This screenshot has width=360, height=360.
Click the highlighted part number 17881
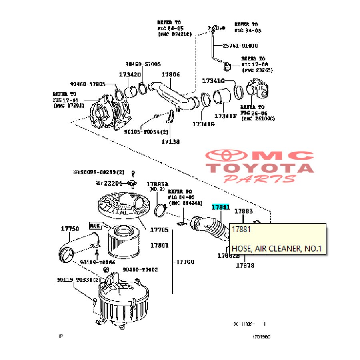(221, 207)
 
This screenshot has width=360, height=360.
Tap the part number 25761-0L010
(235, 46)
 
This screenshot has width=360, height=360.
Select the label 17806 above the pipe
(171, 75)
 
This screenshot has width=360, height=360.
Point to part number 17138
(170, 141)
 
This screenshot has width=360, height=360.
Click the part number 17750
(70, 229)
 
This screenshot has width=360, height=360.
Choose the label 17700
(185, 262)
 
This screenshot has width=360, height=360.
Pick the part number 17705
(159, 230)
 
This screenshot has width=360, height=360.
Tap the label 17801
(159, 245)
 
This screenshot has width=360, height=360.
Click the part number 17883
(244, 211)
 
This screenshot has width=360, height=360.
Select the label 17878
(245, 265)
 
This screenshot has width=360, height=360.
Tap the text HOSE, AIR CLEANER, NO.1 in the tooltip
(276, 249)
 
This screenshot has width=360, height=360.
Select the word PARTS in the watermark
(260, 178)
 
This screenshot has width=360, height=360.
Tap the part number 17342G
(130, 75)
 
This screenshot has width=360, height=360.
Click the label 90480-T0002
(140, 270)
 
